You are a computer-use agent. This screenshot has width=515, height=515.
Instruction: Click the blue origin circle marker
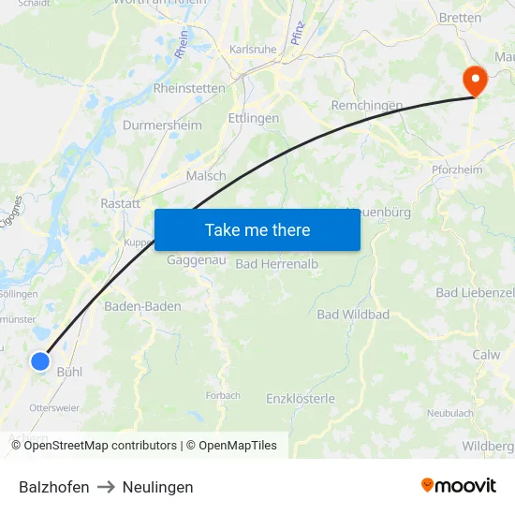(39, 360)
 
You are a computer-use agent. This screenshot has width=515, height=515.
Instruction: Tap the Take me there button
(257, 229)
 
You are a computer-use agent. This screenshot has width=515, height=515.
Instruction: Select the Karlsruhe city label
(254, 50)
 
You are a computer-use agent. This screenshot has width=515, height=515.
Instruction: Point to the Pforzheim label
(457, 169)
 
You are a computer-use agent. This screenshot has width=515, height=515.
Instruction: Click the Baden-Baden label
(142, 306)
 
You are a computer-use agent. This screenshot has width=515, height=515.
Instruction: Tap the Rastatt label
(120, 203)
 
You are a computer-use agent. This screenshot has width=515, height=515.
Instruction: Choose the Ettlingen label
(254, 119)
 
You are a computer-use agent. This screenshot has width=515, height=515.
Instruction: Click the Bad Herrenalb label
(277, 264)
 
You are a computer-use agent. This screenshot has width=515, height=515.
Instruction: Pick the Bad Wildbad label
(353, 315)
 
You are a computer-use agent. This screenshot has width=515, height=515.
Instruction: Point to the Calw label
(486, 355)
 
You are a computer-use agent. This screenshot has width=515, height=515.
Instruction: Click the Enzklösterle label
(301, 399)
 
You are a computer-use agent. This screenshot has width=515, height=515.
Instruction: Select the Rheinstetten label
(189, 88)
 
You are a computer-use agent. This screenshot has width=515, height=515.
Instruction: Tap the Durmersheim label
(162, 125)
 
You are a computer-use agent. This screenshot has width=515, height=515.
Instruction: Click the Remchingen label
(367, 106)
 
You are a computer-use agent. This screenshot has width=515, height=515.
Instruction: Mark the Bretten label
(461, 18)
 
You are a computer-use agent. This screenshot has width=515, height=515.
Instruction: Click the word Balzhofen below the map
(54, 487)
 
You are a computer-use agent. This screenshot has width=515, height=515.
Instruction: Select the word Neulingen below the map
(157, 487)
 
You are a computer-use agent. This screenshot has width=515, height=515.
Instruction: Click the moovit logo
(459, 485)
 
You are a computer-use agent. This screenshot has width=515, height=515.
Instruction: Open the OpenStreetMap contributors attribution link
(100, 446)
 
